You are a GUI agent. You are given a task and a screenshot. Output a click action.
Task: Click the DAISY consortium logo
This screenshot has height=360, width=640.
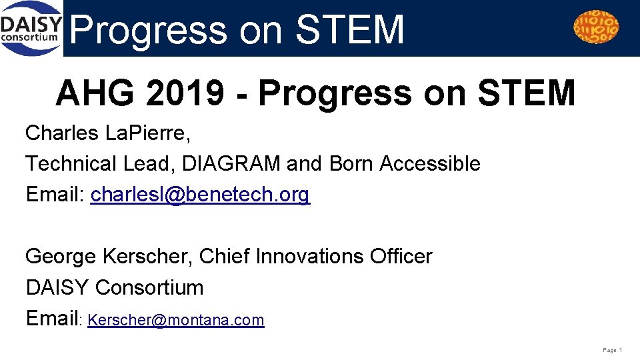(x=32, y=28)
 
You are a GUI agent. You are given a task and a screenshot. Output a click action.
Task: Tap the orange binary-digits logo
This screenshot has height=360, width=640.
(x=596, y=27)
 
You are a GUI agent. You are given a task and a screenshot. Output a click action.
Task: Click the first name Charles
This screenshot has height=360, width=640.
(x=63, y=133)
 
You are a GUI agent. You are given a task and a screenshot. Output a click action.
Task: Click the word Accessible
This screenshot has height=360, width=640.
(x=429, y=163)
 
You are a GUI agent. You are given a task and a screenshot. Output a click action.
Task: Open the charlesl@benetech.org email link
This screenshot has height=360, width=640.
(x=200, y=195)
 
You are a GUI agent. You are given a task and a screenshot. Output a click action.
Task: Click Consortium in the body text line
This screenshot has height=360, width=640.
(x=149, y=288)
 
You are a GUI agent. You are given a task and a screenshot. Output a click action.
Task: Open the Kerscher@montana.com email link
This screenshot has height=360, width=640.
(x=176, y=321)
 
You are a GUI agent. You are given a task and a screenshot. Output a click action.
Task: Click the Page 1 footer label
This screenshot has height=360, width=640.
(x=612, y=350)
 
